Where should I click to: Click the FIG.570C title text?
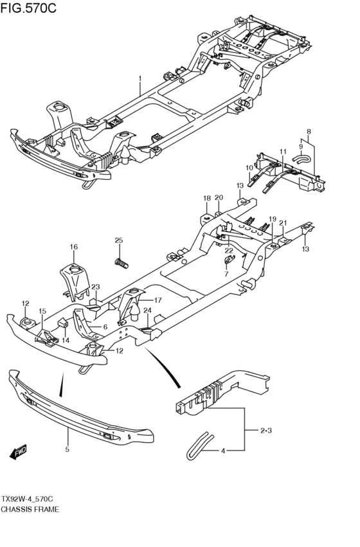[x=28, y=8]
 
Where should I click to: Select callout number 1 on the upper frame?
[x=140, y=79]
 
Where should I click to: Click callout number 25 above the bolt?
[x=119, y=240]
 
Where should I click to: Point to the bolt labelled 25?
[x=122, y=263]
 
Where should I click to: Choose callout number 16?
[x=73, y=247]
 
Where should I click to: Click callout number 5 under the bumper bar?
[x=67, y=449]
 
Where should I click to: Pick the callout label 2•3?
[x=265, y=431]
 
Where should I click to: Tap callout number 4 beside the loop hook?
[x=223, y=451]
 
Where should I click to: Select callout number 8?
[x=309, y=132]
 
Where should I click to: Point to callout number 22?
[x=228, y=251]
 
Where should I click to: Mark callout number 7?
[x=226, y=274]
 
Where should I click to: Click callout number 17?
[x=157, y=300]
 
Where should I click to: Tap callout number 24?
[x=148, y=310]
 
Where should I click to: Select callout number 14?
[x=66, y=340]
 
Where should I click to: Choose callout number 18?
[x=207, y=198]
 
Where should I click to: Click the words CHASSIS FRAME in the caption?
[x=30, y=509]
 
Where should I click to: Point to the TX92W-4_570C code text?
[x=27, y=499]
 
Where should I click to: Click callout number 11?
[x=283, y=152]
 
